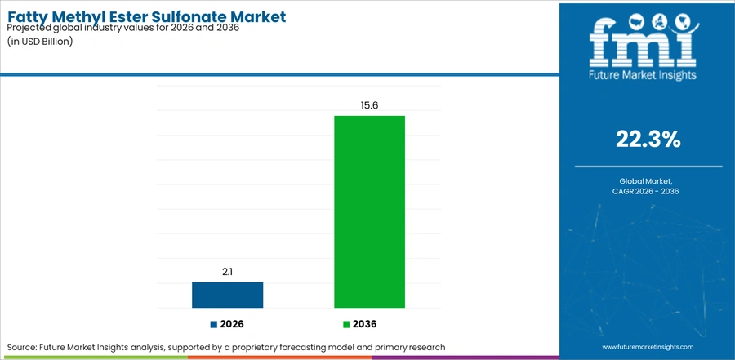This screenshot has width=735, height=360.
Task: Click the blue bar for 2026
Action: pos(227,295)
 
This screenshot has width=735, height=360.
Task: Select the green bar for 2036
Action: pos(369,212)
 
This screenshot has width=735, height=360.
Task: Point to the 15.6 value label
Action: pos(369,105)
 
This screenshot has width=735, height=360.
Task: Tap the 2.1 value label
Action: pos(227,272)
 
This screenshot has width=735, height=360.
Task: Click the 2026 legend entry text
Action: pos(232,324)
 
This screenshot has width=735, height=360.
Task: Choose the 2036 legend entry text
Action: pos(365,324)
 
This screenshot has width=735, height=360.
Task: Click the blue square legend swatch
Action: pos(214,324)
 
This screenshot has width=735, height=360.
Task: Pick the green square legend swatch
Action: pos(346,324)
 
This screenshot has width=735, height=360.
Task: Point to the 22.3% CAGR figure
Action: pos(648,140)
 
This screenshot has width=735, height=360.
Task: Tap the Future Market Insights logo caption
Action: pos(643,74)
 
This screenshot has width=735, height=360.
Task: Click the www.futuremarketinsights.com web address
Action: pos(648,347)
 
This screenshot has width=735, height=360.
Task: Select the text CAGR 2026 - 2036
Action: pos(648,191)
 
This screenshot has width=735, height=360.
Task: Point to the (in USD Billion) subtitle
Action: pos(40,42)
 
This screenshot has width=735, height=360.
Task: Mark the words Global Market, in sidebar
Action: pos(648,180)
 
